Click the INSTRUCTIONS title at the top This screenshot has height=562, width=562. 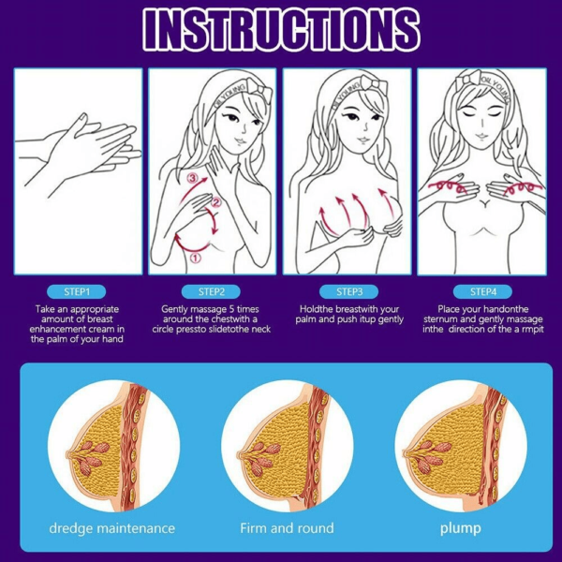pos(281,29)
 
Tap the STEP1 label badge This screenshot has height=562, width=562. pos(77,291)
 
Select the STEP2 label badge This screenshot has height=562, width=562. pos(211,291)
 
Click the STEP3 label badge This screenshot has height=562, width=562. pos(349,291)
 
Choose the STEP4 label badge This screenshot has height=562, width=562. pos(482,291)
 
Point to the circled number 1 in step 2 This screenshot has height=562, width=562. pos(195,258)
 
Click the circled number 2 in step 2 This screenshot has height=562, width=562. pos(215,203)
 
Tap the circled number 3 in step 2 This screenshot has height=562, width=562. pos(193,178)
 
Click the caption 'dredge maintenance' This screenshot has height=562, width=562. pos(112,528)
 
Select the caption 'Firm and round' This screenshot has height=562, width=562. pos(287,528)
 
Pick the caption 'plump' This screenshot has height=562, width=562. pos(461,528)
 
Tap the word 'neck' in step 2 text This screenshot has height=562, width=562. pos(260,329)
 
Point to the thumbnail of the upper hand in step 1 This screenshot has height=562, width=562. pos(83,117)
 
